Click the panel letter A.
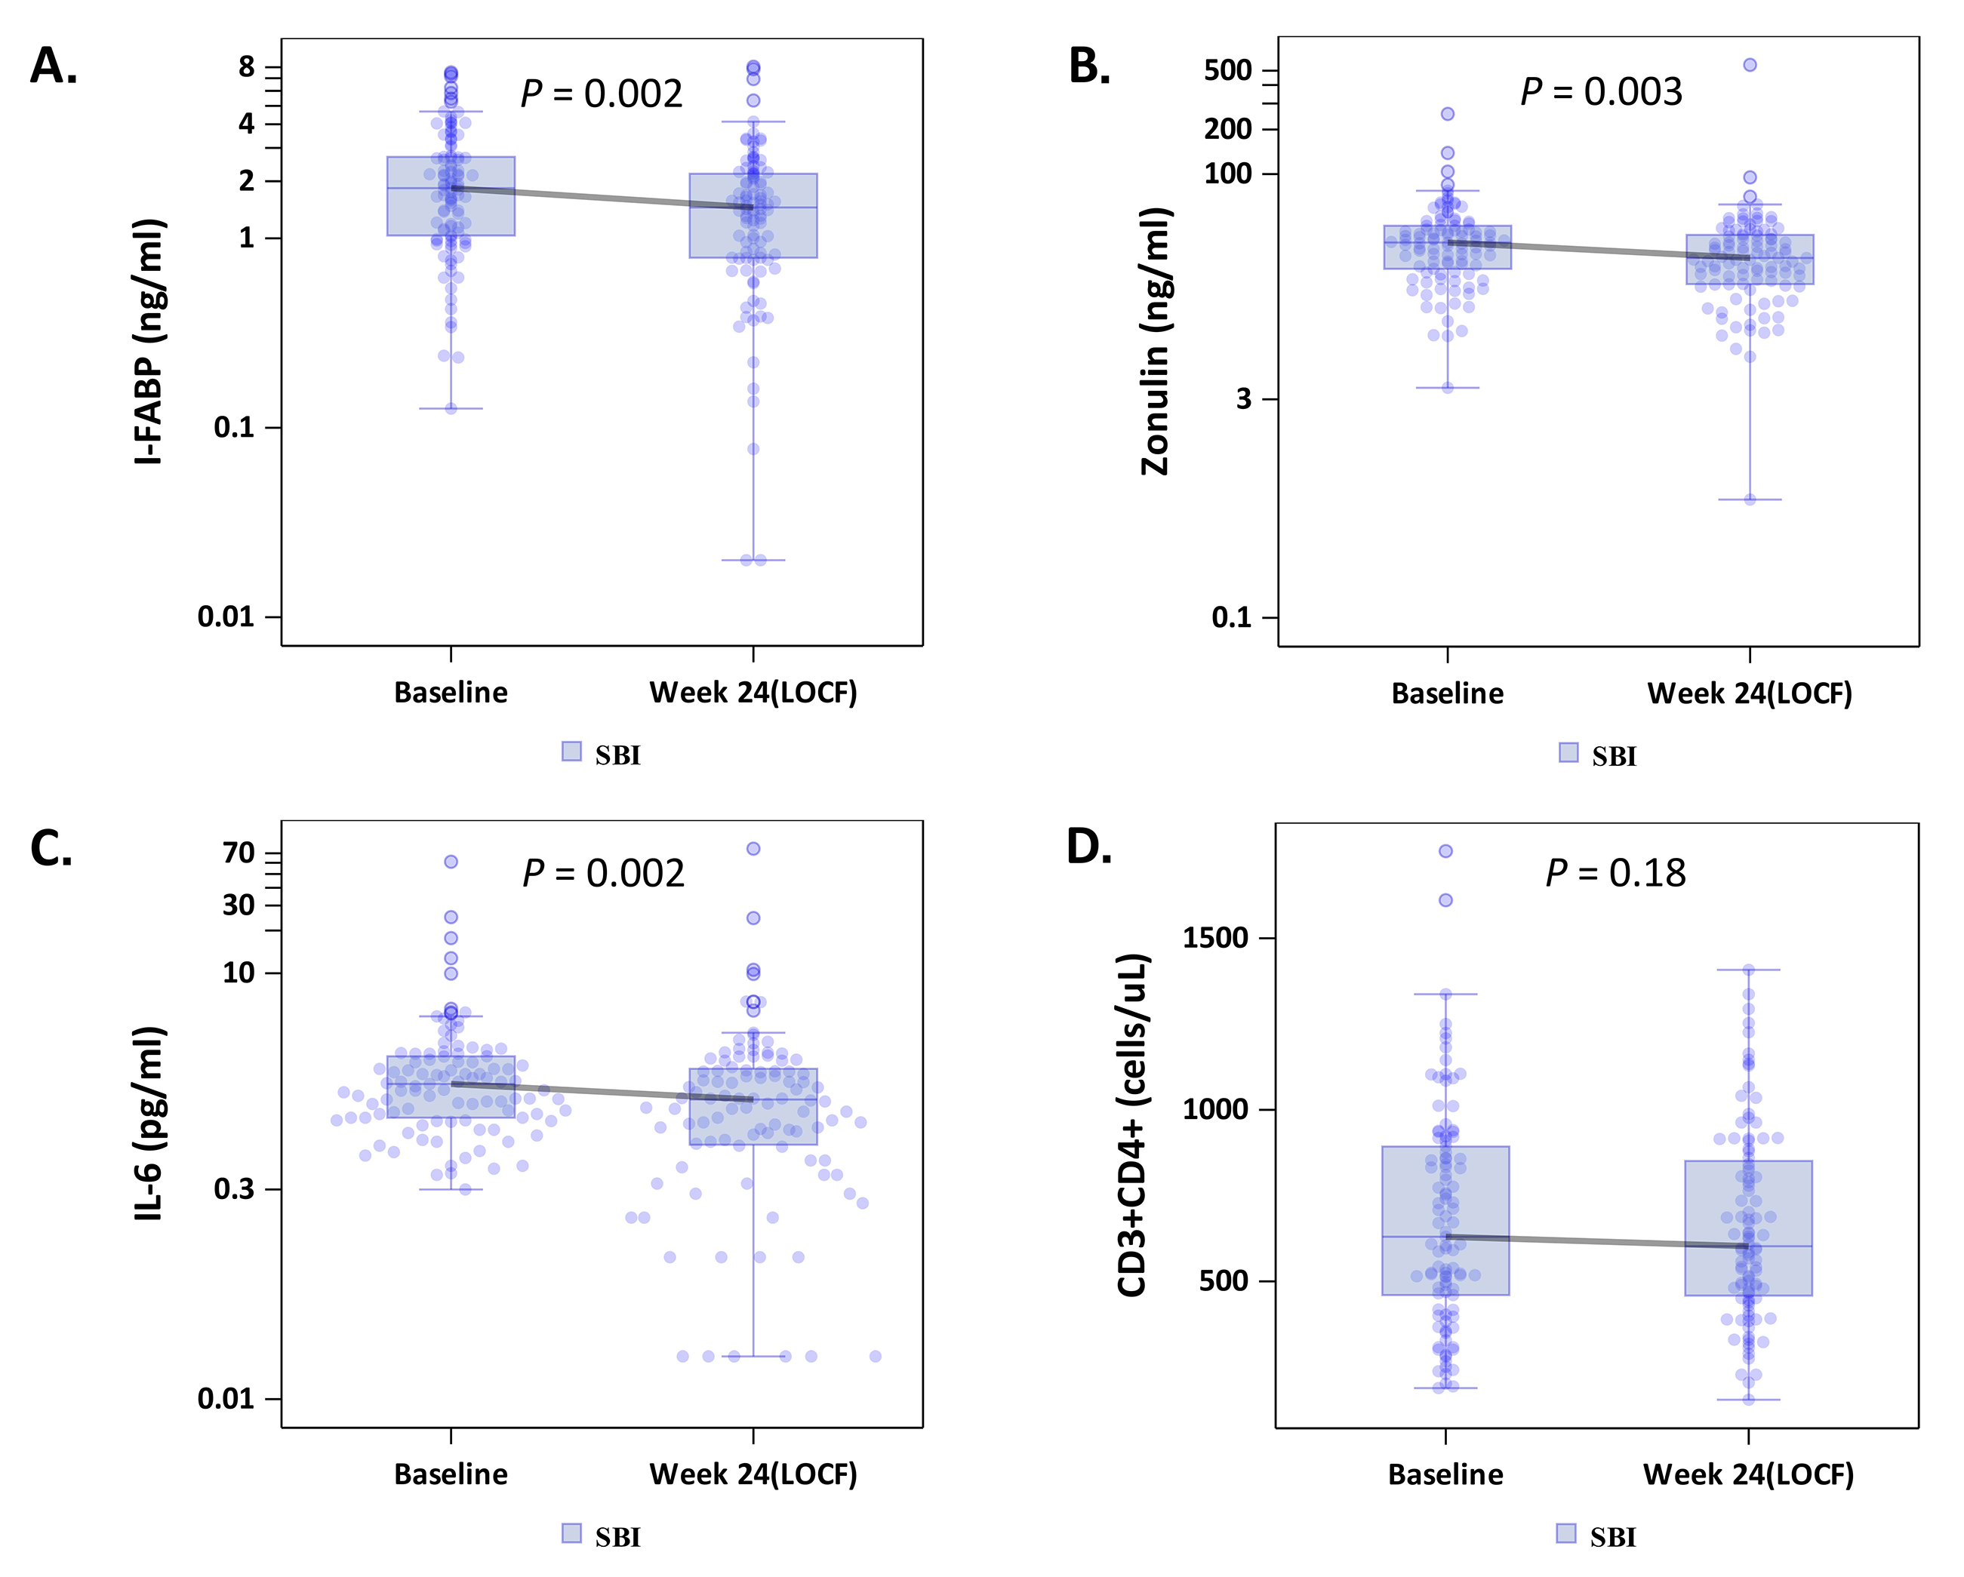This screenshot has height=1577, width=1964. coord(53,66)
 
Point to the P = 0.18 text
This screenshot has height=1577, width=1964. coord(1615,873)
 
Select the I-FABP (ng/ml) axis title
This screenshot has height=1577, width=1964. coord(149,342)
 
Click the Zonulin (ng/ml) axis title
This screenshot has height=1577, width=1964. coord(1155,342)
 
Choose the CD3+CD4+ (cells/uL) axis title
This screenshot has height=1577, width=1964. coord(1132,1124)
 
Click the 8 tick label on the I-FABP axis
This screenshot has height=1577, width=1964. coord(247,66)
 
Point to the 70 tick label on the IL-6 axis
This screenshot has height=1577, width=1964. coord(239,853)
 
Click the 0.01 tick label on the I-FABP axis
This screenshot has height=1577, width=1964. coord(226,617)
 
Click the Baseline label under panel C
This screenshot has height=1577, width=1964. coord(451,1474)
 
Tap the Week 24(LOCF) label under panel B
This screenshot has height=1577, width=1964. coord(1749,694)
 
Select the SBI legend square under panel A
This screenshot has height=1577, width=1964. coord(571,752)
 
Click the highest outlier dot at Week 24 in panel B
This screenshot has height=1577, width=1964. coord(1750,65)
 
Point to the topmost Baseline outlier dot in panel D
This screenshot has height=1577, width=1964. coord(1445,851)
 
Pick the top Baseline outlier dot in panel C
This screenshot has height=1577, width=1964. coord(451,862)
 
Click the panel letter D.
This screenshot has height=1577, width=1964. coord(1088,847)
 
